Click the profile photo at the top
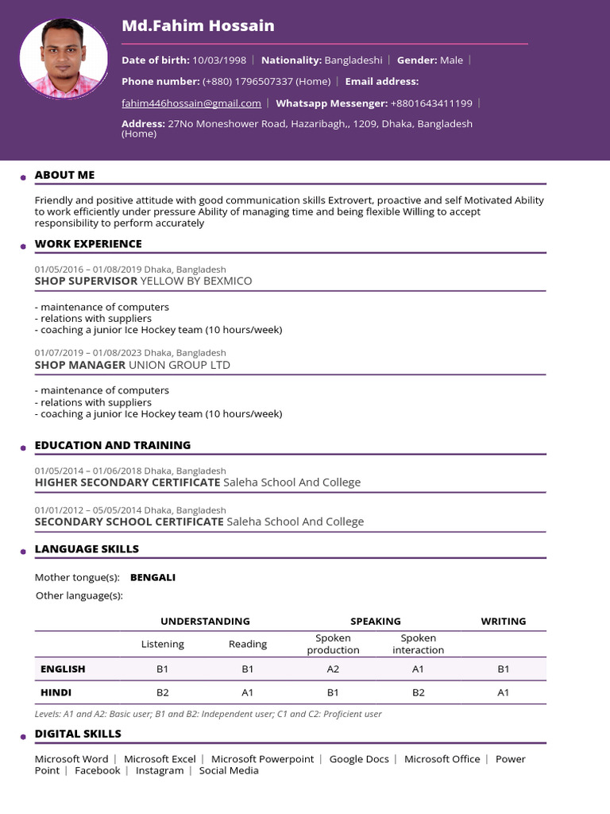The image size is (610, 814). tap(64, 59)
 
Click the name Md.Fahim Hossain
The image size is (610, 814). tap(198, 25)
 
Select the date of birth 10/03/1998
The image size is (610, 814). tap(220, 60)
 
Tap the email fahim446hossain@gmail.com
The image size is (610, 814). tap(191, 103)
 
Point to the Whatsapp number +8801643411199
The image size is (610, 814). tap(431, 103)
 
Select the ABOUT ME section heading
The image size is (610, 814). tap(64, 175)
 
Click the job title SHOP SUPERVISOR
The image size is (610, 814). tap(86, 281)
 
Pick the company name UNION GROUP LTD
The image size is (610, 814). tap(180, 365)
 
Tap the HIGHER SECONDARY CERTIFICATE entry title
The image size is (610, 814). tap(127, 483)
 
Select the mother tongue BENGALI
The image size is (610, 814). tap(152, 577)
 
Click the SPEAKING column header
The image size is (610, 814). tap(376, 622)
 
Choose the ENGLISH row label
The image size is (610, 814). tap(63, 669)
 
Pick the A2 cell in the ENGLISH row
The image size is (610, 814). tap(334, 669)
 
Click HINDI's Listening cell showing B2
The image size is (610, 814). tap(163, 692)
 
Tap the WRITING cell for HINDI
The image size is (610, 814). tap(504, 692)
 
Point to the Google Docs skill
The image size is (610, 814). tap(359, 759)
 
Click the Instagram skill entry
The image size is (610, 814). tap(160, 770)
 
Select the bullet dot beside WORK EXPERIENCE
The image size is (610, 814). tap(23, 246)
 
